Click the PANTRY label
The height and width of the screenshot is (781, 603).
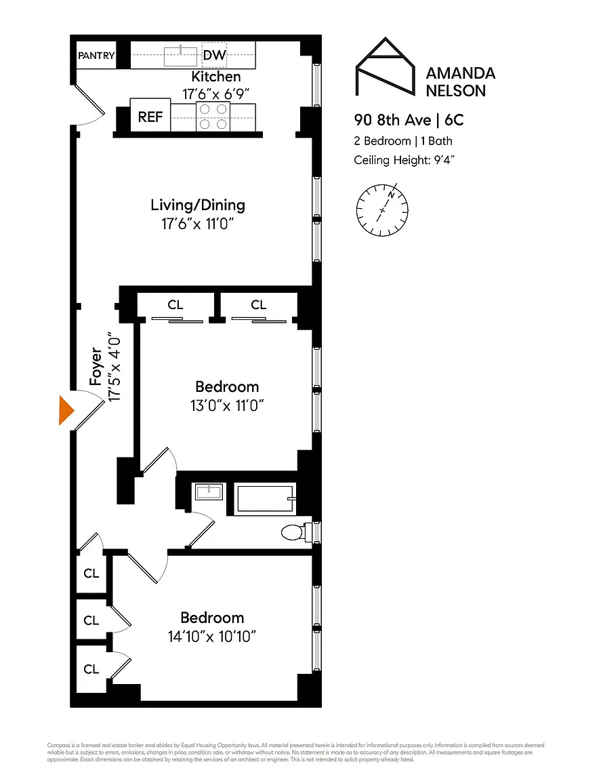point(96,56)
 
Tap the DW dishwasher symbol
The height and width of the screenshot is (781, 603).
point(214,55)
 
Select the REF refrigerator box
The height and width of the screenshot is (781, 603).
point(150,117)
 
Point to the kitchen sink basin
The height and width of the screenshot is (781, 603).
point(181,55)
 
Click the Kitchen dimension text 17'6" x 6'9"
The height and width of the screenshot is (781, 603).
point(215,95)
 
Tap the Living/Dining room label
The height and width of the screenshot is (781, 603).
point(197,205)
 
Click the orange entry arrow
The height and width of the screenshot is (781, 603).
point(65,411)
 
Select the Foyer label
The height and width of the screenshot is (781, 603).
point(96,368)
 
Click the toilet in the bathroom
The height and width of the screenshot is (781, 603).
point(293,532)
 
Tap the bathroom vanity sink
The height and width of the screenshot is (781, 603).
point(209,492)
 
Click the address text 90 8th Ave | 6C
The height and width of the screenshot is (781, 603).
point(409,121)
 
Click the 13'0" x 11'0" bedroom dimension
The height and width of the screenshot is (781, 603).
point(226,406)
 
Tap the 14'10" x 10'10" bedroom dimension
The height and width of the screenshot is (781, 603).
point(212,637)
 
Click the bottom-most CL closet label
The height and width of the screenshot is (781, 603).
point(91,669)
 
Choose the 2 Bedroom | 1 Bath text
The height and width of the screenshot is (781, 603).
point(403,141)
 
